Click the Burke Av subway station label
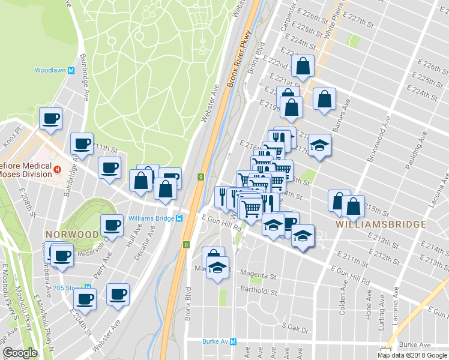point(220,342)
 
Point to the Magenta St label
point(259,277)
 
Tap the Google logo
point(20,353)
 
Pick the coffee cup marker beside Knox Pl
point(50,118)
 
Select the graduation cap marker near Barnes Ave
point(319,145)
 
